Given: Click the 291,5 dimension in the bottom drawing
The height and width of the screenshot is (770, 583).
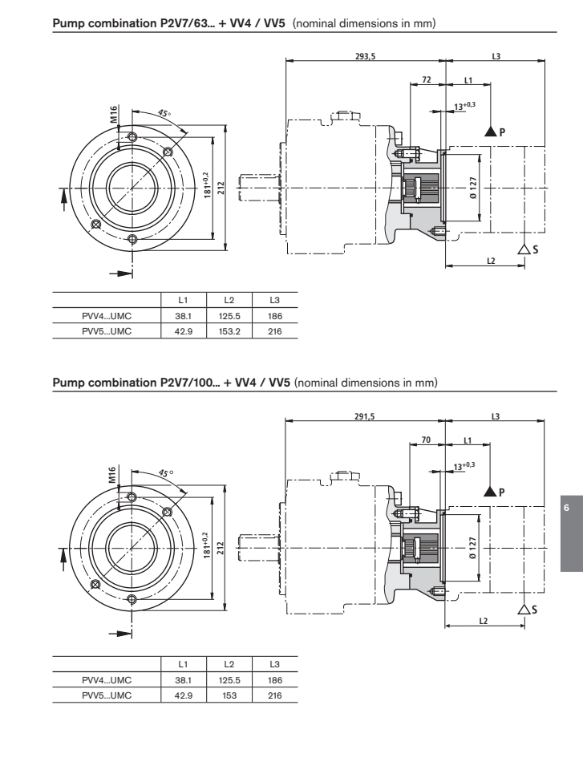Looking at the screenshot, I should tap(365, 415).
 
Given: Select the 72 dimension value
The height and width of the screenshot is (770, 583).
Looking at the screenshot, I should tap(427, 81).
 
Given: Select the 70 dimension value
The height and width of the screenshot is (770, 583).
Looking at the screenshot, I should tap(427, 439).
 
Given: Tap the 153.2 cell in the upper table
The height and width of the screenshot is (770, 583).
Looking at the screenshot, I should tap(229, 330).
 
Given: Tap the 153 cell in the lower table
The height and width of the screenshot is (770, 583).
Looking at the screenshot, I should tap(229, 687).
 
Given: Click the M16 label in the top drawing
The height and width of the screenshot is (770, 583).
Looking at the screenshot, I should tap(114, 115).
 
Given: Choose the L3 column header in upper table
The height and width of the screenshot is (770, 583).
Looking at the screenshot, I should tap(274, 301).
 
